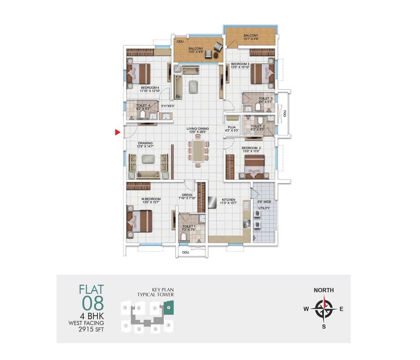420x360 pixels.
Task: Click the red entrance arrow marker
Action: pyautogui.click(x=118, y=132)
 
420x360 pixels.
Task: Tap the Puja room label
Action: pyautogui.click(x=232, y=127)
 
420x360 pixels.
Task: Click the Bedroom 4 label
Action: pyautogui.click(x=150, y=88)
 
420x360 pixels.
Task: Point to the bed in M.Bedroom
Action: pyautogui.click(x=139, y=221)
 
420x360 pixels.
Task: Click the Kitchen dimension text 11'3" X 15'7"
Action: pyautogui.click(x=229, y=203)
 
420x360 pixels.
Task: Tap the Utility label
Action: pyautogui.click(x=264, y=208)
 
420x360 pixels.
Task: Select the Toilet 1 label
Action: pyautogui.click(x=189, y=226)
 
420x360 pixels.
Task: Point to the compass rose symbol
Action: pyautogui.click(x=324, y=309)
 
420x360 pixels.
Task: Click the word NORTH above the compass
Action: pyautogui.click(x=324, y=290)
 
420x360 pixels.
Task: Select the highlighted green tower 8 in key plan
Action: pyautogui.click(x=169, y=308)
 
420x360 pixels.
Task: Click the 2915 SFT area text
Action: pyautogui.click(x=91, y=329)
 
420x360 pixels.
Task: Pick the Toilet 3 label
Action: pyautogui.click(x=265, y=98)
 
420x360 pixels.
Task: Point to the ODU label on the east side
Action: pyautogui.click(x=285, y=113)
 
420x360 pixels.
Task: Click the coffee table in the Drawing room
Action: pyautogui.click(x=147, y=159)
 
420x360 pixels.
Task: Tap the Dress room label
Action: pyautogui.click(x=187, y=195)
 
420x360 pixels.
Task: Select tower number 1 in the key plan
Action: pyautogui.click(x=126, y=325)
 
